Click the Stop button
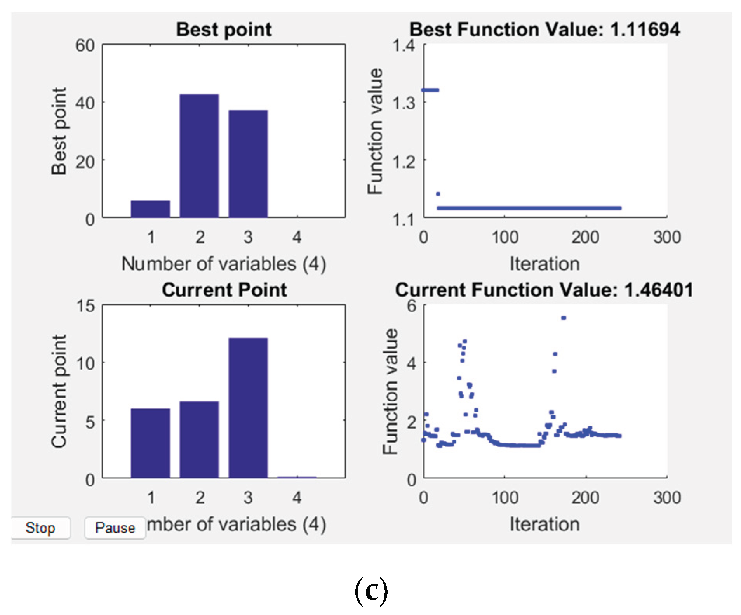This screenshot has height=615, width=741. tap(40, 528)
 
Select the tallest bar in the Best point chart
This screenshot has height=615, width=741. tap(199, 155)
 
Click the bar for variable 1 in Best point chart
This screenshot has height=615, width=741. tap(151, 209)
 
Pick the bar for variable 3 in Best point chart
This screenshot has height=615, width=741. tap(248, 163)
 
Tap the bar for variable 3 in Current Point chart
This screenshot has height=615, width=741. tap(248, 408)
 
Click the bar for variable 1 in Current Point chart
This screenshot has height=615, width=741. tap(151, 443)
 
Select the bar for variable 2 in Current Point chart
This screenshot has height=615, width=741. tap(199, 439)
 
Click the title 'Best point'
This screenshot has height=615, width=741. tap(224, 30)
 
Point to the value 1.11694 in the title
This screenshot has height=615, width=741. tap(645, 30)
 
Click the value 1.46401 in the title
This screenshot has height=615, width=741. tap(659, 290)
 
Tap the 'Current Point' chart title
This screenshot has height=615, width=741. tap(224, 290)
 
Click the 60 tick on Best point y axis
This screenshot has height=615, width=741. tap(85, 46)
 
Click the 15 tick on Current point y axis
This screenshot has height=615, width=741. tap(85, 306)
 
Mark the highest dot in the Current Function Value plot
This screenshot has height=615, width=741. tap(564, 318)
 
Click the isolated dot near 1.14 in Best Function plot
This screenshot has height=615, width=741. tap(438, 194)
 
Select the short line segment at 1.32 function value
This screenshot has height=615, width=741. tap(430, 90)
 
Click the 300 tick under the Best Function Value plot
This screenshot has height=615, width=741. tap(667, 237)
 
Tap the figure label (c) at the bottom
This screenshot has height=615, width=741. tap(371, 591)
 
